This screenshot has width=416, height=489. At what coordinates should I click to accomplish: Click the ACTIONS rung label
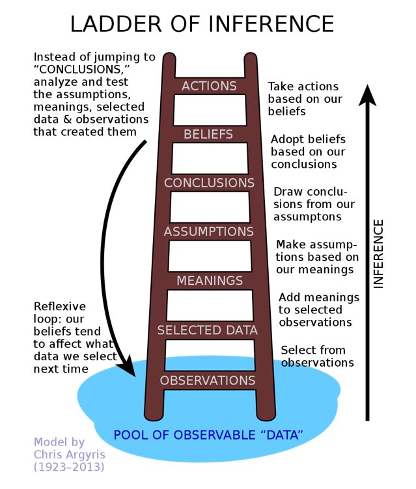[208, 86]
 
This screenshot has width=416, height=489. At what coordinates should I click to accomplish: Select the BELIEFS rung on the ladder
[208, 135]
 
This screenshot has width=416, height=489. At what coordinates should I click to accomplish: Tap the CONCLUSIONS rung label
[208, 183]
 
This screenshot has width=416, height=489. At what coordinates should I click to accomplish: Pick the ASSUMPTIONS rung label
[208, 231]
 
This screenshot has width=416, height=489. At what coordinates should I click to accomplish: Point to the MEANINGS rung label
[208, 281]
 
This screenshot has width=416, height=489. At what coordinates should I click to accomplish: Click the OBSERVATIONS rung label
[208, 380]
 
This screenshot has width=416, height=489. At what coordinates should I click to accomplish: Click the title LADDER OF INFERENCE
[202, 23]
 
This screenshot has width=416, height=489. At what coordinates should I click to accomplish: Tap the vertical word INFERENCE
[379, 254]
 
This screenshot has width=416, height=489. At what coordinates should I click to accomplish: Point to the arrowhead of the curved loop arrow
[128, 369]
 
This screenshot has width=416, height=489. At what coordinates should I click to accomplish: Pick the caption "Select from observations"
[317, 356]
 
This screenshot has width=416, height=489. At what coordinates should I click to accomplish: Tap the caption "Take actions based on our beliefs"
[303, 99]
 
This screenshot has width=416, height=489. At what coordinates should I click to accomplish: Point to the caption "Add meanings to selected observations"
[318, 310]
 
